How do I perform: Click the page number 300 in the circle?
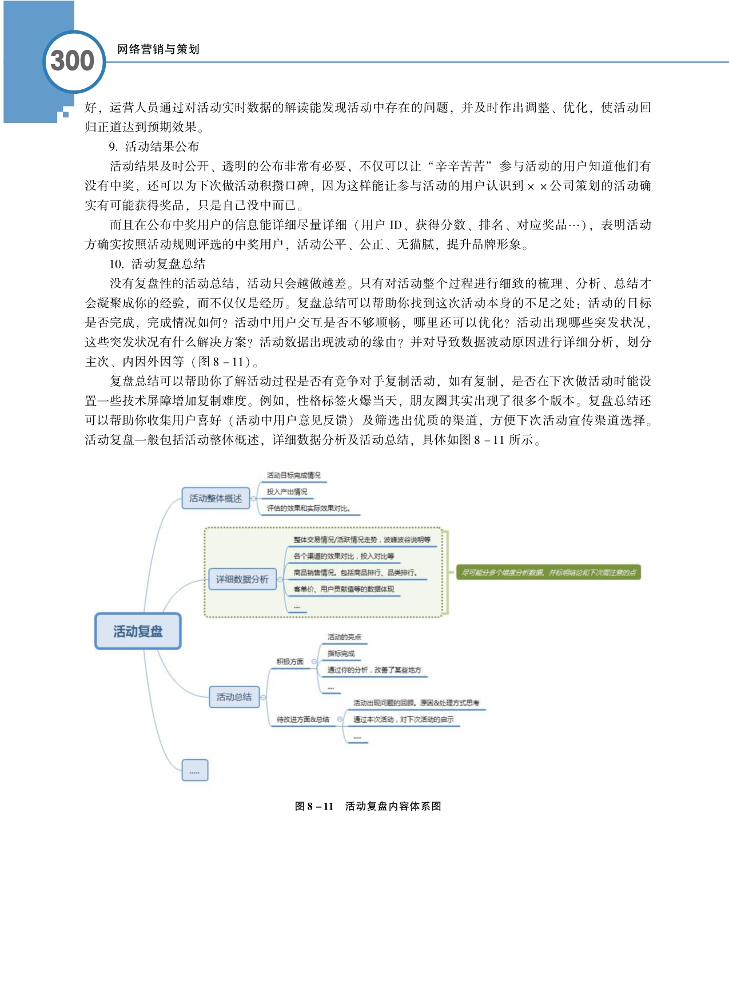73,61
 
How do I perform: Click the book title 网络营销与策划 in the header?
158,49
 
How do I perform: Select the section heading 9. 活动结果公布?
154,146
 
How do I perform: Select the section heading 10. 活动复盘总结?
157,264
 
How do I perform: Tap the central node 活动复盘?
138,631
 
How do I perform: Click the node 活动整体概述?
216,498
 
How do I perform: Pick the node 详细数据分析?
242,579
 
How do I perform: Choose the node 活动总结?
234,697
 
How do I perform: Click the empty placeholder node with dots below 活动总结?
194,770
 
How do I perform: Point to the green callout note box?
548,572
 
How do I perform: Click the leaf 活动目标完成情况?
294,475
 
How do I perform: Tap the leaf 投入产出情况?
287,491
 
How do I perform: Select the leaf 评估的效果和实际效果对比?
308,508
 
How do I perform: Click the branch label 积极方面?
290,661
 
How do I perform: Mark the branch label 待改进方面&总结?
303,719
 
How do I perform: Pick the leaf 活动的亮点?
344,637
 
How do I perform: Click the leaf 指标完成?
341,653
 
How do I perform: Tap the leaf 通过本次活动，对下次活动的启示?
403,719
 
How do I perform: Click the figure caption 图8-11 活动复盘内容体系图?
368,806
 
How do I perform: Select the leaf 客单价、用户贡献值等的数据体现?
344,589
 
